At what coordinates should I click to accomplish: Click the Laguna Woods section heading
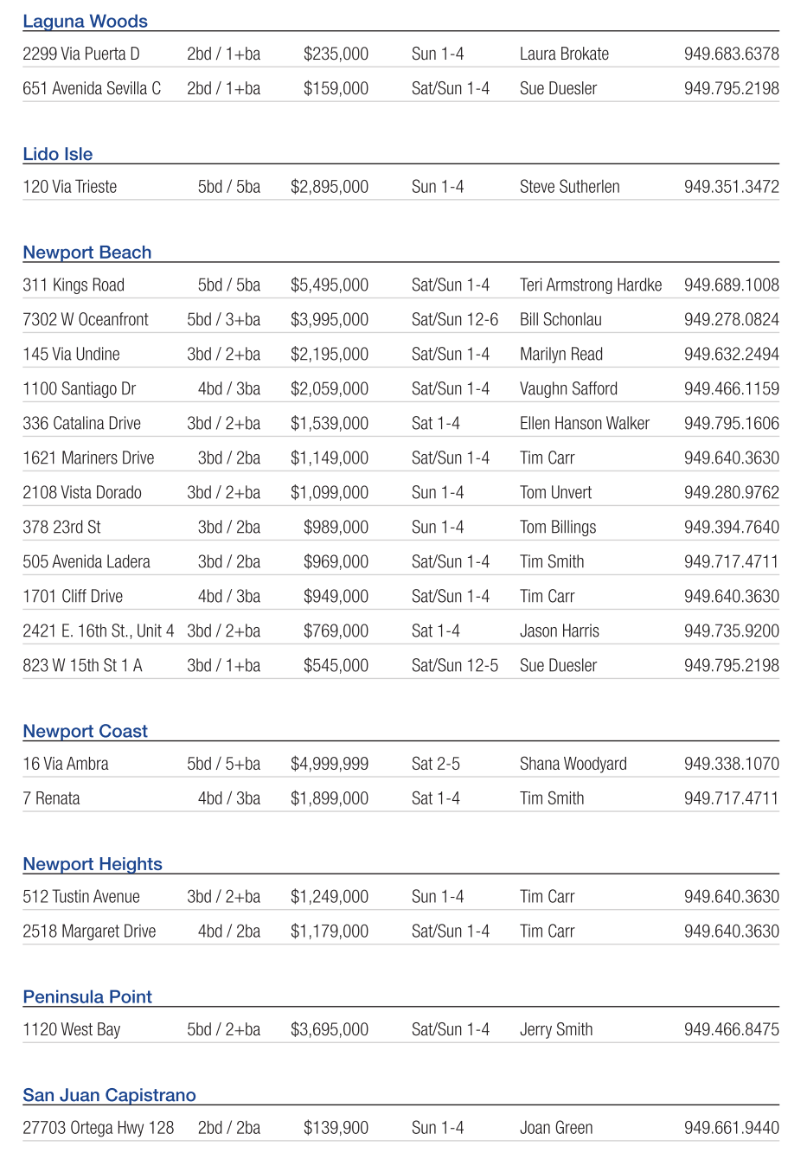(85, 22)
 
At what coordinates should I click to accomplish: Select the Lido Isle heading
(57, 154)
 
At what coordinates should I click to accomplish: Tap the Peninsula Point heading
(86, 996)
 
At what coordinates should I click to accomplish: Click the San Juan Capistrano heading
(109, 1095)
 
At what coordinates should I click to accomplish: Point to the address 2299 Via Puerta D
(80, 54)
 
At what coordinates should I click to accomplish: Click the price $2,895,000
(329, 187)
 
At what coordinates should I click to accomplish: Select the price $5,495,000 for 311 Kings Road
(329, 285)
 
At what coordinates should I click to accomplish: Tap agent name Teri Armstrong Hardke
(590, 285)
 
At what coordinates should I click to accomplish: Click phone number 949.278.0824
(731, 320)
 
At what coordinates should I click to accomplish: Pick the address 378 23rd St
(61, 528)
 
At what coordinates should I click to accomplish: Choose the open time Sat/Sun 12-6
(454, 320)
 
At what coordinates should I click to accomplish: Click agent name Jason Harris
(559, 631)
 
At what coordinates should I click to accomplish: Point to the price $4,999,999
(329, 765)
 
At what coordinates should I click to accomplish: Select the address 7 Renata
(51, 799)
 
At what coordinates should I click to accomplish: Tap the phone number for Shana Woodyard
(731, 765)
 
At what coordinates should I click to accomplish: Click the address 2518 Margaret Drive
(89, 932)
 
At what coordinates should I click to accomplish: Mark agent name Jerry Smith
(555, 1030)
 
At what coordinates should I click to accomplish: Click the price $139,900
(336, 1129)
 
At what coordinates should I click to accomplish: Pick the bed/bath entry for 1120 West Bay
(223, 1030)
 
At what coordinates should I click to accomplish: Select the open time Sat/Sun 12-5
(454, 666)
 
